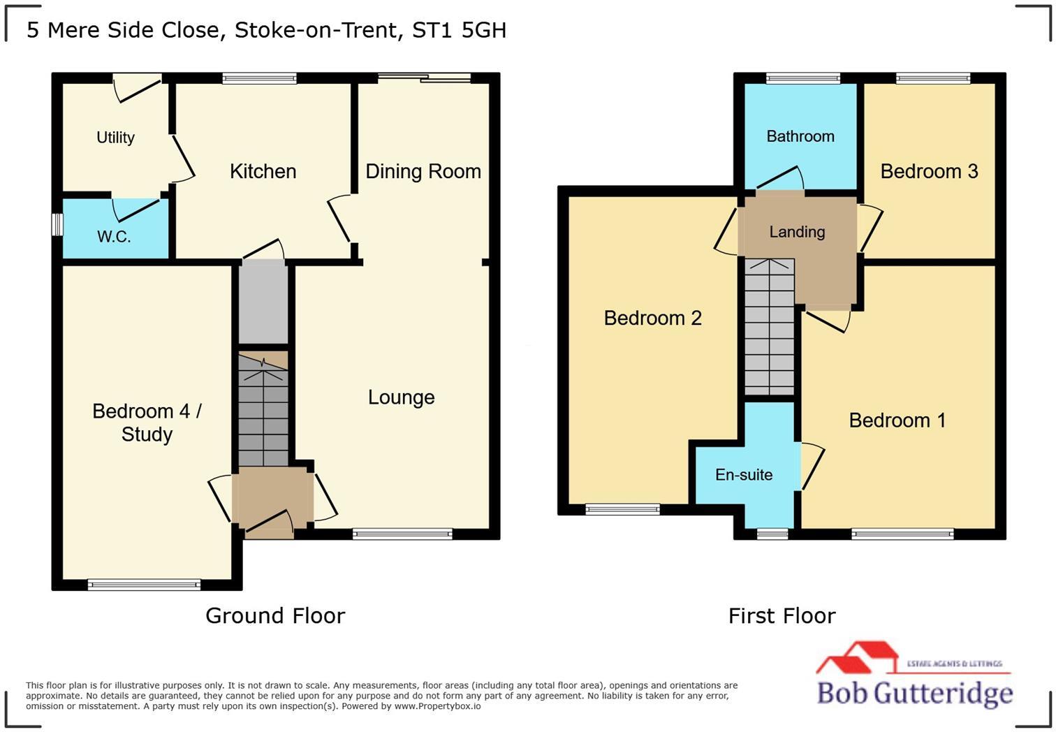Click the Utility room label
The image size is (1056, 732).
[x=115, y=138]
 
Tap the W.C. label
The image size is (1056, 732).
[x=114, y=237]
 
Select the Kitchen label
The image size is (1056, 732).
[x=263, y=171]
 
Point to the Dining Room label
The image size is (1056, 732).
[x=423, y=171]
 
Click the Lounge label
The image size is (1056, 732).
[x=401, y=397]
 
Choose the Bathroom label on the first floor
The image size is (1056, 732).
[x=800, y=136]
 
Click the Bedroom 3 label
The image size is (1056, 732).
[x=928, y=171]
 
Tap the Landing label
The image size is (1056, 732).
[x=797, y=232]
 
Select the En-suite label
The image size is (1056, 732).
[x=744, y=475]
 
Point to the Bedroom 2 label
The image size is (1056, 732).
[x=652, y=319]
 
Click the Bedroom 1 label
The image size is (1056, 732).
[x=897, y=420]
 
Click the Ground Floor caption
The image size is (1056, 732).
[x=275, y=615]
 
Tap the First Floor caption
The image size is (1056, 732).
[x=782, y=615]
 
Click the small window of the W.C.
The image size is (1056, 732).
[x=58, y=225]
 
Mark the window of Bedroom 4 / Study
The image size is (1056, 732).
[x=145, y=585]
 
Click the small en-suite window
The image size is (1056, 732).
[x=772, y=534]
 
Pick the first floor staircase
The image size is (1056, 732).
[x=769, y=327]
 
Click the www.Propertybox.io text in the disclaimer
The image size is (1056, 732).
[x=437, y=706]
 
